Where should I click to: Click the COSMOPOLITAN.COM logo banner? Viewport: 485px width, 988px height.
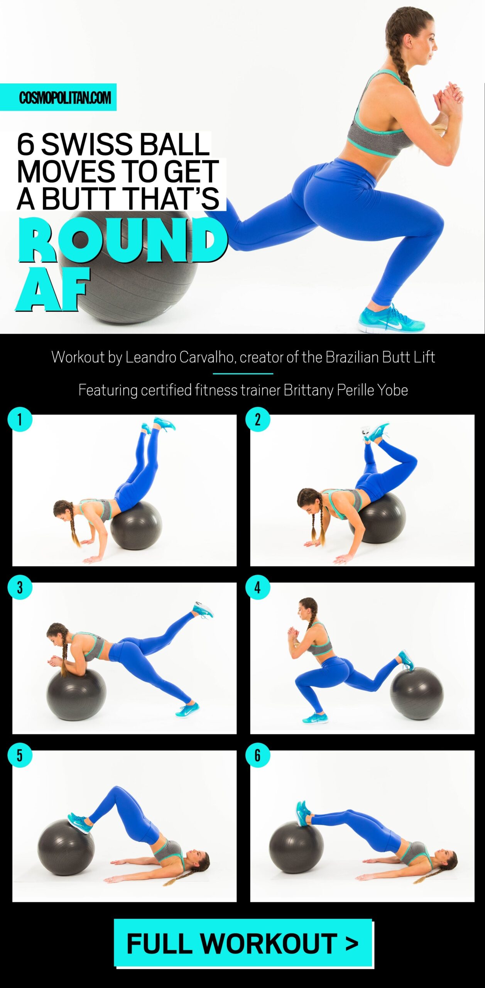(x=58, y=97)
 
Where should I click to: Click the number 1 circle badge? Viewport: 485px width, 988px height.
(x=20, y=419)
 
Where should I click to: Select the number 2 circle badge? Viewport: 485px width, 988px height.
(x=258, y=419)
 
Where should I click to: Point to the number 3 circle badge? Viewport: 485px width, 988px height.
(x=20, y=587)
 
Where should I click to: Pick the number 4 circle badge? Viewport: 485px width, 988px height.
(x=258, y=587)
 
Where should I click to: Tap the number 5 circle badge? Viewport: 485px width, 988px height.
(x=20, y=755)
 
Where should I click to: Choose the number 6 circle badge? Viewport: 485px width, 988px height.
(x=258, y=755)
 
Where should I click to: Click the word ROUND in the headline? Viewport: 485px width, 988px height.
(x=123, y=240)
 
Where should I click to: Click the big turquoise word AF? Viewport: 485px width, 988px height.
(x=53, y=288)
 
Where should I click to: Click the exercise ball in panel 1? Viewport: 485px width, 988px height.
(x=136, y=526)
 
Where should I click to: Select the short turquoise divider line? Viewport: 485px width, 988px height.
(x=243, y=374)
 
